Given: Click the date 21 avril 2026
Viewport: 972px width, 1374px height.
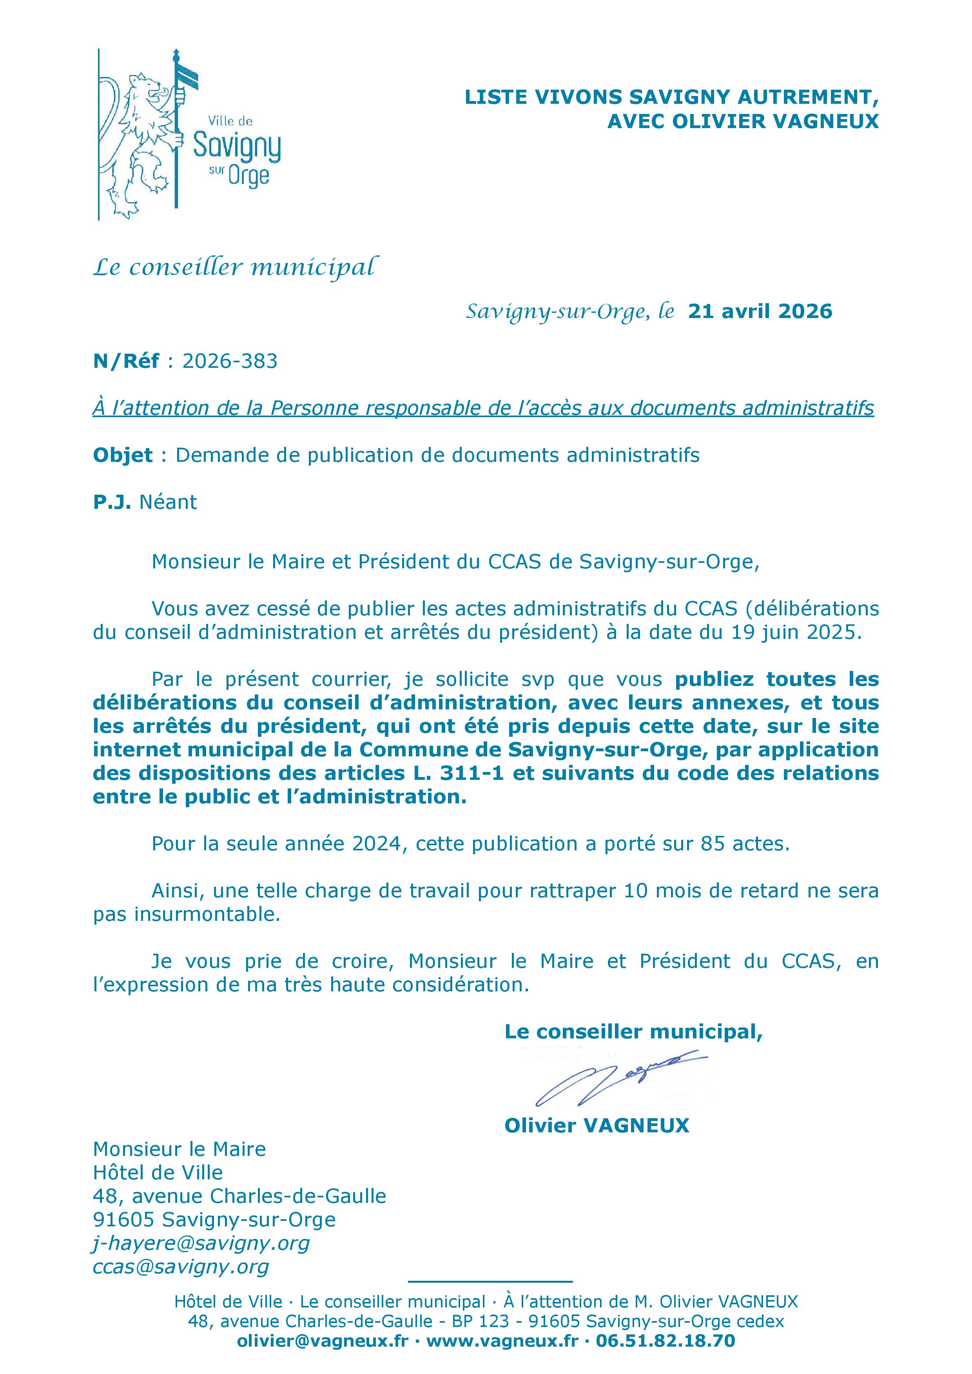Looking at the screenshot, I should tap(760, 311).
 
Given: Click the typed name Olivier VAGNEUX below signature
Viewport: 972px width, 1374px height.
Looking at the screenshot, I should tap(597, 1126).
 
